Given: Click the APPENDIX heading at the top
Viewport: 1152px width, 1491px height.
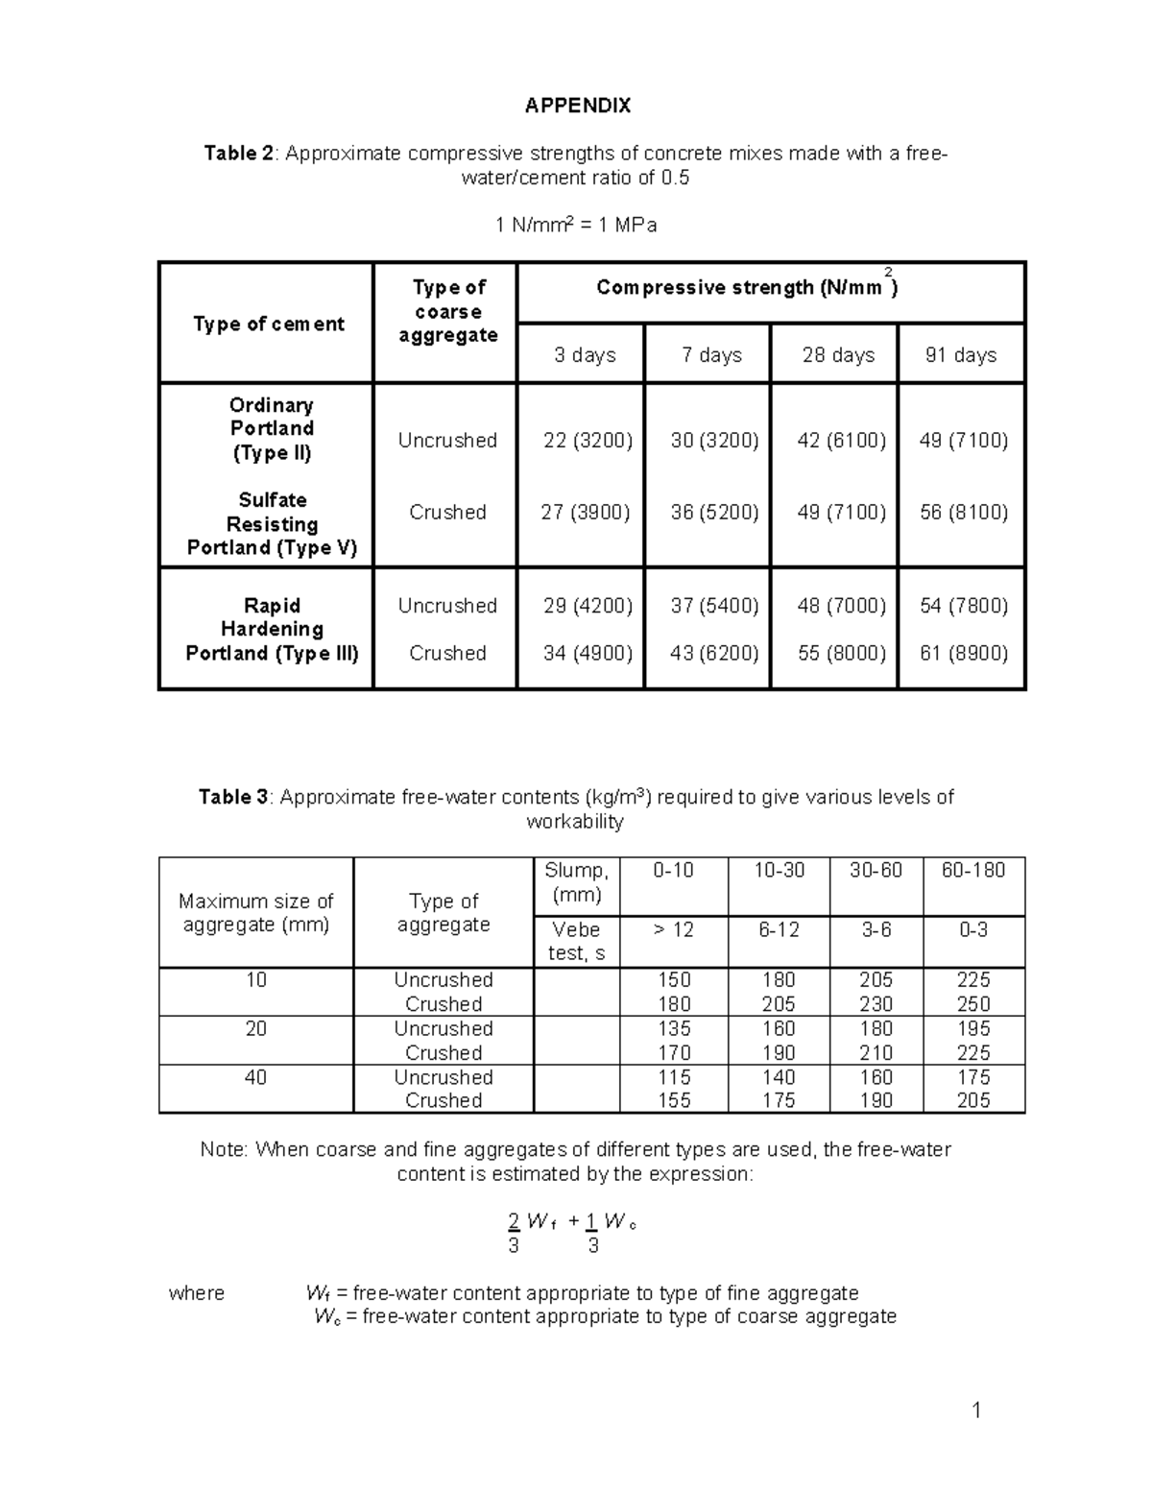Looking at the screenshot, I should (577, 106).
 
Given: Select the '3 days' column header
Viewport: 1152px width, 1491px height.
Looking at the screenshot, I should (584, 355).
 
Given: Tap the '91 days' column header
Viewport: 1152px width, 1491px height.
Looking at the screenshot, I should (960, 355).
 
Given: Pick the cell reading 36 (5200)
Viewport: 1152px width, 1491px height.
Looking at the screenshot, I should (714, 513).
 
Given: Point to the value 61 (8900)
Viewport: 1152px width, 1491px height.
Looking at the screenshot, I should (963, 654).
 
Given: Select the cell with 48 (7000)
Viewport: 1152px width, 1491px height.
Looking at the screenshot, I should (841, 606).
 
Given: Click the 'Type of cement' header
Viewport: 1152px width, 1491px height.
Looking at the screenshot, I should (268, 324).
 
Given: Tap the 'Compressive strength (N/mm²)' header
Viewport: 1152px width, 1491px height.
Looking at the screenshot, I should (747, 288).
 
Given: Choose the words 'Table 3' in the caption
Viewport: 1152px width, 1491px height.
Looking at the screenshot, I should (233, 798).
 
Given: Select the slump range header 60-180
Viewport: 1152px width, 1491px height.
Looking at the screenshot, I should (973, 871).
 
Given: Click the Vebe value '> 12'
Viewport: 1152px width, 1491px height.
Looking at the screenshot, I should (673, 930).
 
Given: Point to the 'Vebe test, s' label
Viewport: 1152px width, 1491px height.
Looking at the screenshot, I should (576, 942).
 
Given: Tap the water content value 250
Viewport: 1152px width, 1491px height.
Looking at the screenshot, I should (973, 1004).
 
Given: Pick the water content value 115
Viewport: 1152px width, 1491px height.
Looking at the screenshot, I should (674, 1077).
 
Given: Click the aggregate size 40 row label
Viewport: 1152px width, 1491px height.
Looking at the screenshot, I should (255, 1077).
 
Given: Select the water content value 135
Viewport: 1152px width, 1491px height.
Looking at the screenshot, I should (674, 1029).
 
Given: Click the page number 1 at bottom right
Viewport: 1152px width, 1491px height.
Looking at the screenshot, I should (976, 1410).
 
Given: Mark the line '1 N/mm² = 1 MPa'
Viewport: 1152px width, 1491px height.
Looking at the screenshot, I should (576, 226).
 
